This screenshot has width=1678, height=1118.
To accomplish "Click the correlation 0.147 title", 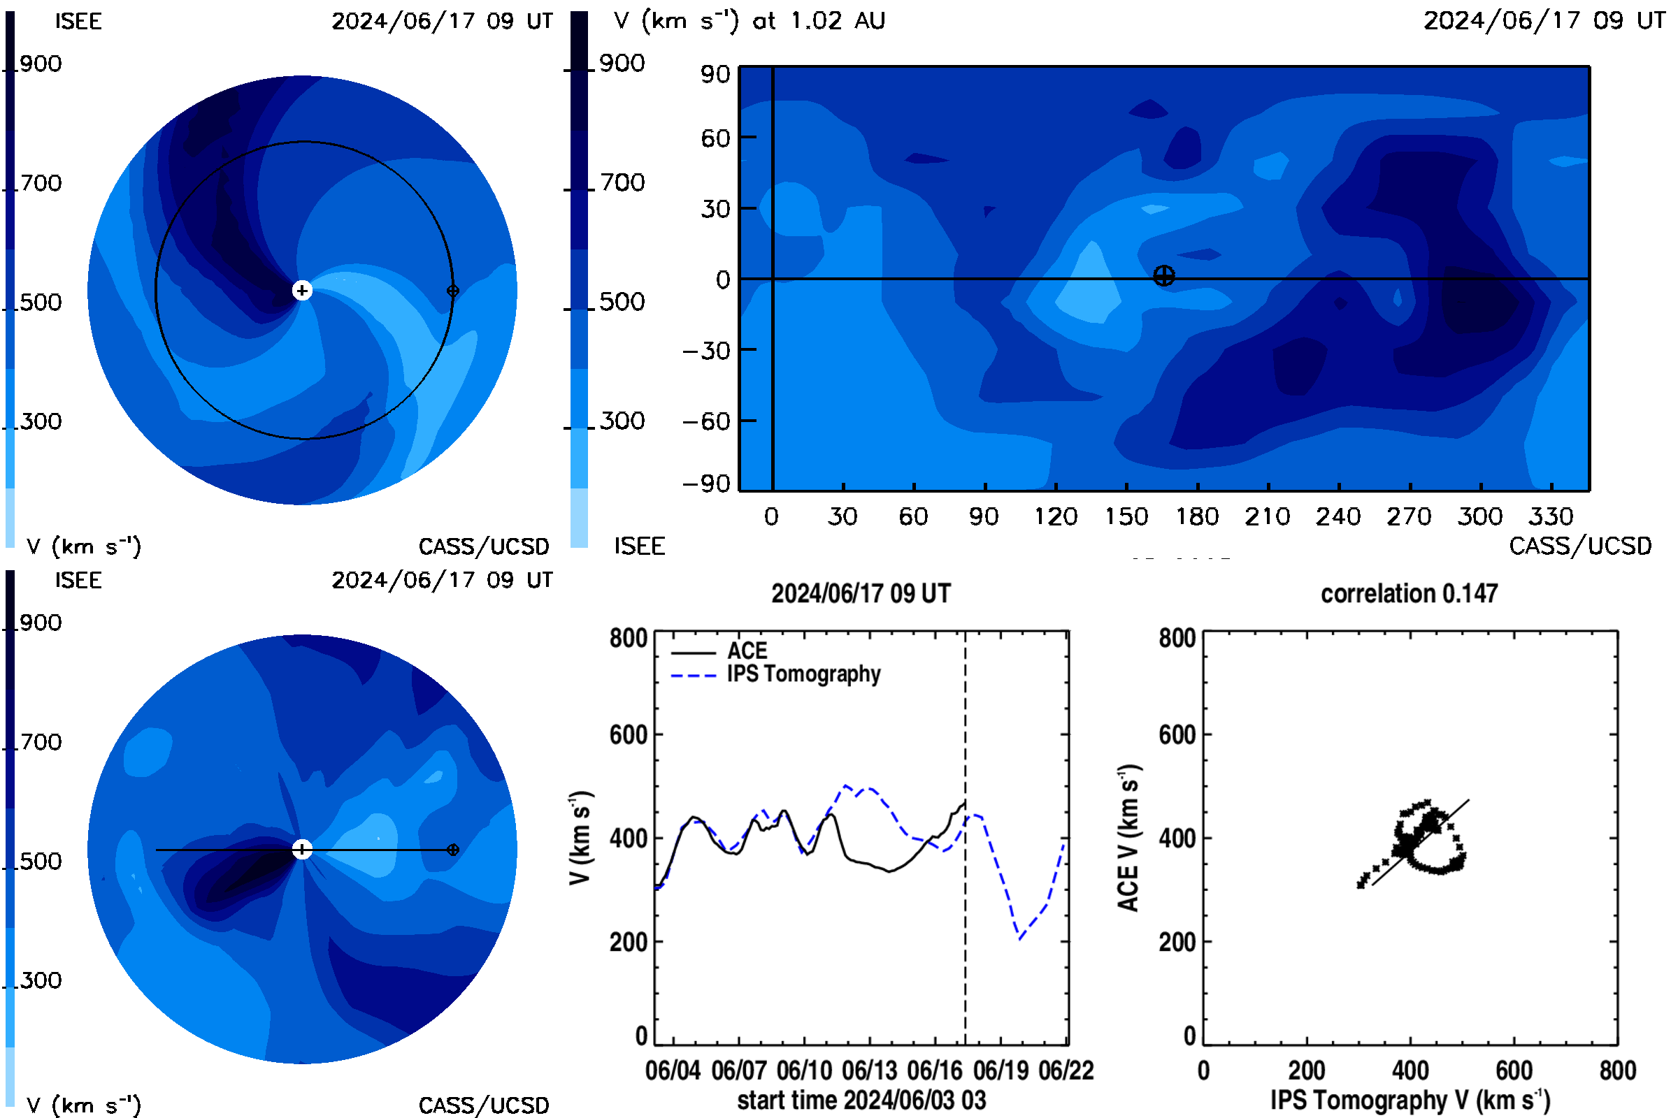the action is coord(1408,593).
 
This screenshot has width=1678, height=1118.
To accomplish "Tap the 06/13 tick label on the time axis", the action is coord(869,1070).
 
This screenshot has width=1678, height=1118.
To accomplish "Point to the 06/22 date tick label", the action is coord(1066,1070).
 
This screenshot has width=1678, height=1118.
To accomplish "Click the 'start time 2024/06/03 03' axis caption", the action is coord(861,1100).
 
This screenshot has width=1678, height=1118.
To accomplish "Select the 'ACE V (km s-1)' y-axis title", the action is coord(1128,838).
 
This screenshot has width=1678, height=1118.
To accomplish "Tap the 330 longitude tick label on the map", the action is coord(1550,516).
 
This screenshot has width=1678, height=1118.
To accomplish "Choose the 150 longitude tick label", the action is coord(1126,516).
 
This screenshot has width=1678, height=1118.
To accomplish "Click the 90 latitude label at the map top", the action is coord(715,74).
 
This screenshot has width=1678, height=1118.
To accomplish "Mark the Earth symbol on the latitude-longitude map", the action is coord(1163,276).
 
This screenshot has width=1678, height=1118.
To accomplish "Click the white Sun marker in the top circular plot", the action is coord(303,290).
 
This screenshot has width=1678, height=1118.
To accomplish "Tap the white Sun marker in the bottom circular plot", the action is coord(303,849).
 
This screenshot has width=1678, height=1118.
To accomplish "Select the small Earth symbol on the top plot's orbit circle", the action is coord(452,290).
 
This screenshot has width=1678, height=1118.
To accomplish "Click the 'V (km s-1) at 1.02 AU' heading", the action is coord(749,21).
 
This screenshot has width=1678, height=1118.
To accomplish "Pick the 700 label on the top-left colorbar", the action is coord(41,183).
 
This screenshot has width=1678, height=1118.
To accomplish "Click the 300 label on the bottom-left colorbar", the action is coord(41,980).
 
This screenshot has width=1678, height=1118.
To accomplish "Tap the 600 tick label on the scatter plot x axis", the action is coord(1514,1070).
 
